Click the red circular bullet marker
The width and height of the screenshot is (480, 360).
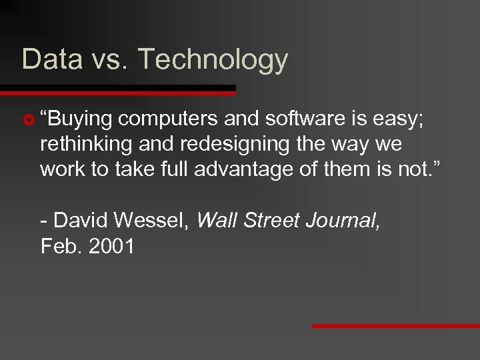tap(28, 120)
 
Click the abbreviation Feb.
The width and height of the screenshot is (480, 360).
tap(58, 246)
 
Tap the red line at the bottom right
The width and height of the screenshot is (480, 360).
tap(396, 326)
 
